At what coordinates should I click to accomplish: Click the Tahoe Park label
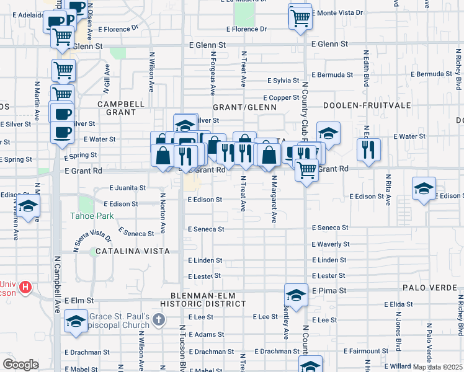[96, 216]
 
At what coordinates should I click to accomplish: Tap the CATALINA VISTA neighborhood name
[129, 251]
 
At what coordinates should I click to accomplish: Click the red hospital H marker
[25, 288]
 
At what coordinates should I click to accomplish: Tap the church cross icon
[159, 320]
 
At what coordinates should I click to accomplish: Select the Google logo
[20, 365]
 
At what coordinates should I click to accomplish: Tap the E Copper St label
[281, 98]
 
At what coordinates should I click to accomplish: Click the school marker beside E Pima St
[297, 294]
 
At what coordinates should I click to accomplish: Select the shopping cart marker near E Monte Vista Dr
[300, 16]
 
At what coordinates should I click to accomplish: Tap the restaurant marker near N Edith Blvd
[368, 149]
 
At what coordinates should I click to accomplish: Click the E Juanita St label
[127, 187]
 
